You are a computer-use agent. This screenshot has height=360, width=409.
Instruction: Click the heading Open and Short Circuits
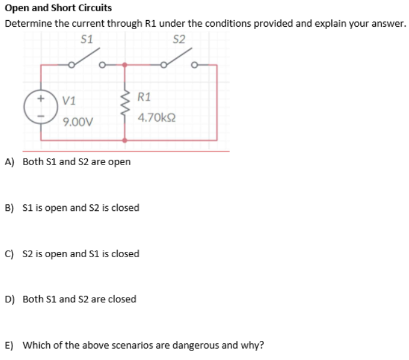point(58,8)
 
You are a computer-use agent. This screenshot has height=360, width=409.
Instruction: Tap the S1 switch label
point(87,40)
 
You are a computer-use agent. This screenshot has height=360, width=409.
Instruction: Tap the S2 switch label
point(179,40)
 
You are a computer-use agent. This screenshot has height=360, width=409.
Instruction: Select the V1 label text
point(69,100)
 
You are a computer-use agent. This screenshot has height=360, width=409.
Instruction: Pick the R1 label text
point(144,96)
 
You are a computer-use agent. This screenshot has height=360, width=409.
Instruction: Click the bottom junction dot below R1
point(125,141)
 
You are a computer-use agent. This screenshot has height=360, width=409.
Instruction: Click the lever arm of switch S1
point(85,56)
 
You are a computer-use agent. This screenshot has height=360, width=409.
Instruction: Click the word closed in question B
point(125,208)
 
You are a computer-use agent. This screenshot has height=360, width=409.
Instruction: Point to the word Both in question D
point(33,299)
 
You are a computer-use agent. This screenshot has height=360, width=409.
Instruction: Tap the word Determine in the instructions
point(25,24)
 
